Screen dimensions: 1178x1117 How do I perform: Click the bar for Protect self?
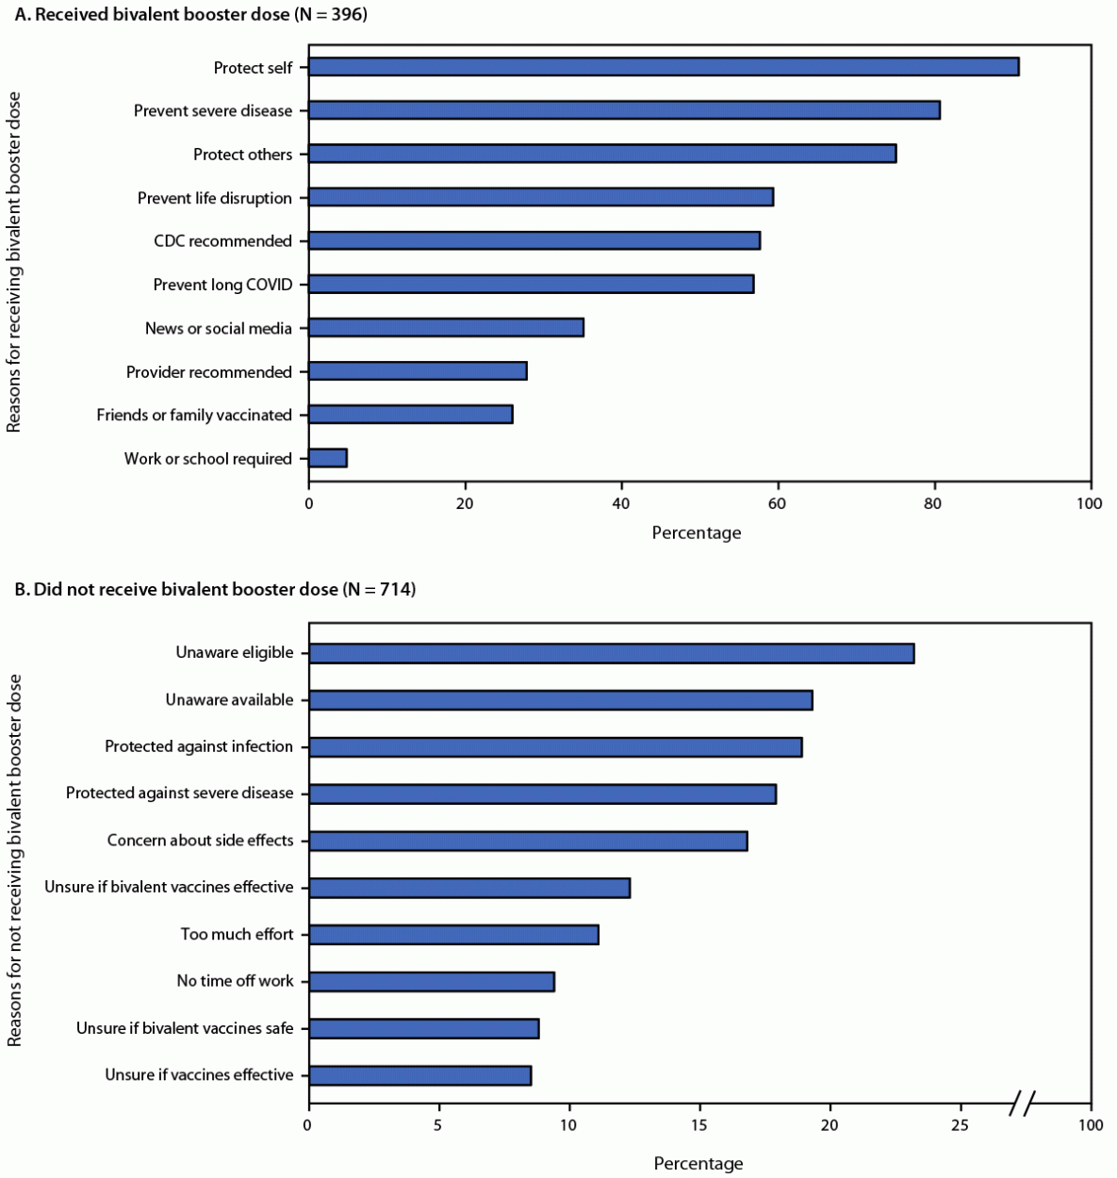[664, 67]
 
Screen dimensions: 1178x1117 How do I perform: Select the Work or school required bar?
[328, 459]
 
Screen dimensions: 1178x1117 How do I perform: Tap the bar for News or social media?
[446, 328]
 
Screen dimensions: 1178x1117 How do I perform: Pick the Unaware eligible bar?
[611, 653]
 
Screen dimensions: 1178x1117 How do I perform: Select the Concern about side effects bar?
[528, 841]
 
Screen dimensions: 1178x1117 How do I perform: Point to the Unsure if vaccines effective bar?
[419, 1075]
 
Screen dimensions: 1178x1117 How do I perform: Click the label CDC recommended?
[222, 241]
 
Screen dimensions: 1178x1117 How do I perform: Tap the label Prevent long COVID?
[222, 285]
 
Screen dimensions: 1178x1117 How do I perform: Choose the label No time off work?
[235, 981]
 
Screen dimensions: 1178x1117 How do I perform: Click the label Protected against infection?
[199, 746]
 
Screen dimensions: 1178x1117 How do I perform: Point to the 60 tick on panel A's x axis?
[777, 504]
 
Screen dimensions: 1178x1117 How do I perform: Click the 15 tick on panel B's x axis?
[699, 1126]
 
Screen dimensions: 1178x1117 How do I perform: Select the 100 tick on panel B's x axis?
[1090, 1126]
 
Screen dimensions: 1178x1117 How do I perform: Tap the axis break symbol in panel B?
[1023, 1103]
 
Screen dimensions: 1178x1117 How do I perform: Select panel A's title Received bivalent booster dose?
[189, 14]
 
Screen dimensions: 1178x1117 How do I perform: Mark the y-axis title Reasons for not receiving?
[14, 860]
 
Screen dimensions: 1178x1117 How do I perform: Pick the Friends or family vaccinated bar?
[410, 415]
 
